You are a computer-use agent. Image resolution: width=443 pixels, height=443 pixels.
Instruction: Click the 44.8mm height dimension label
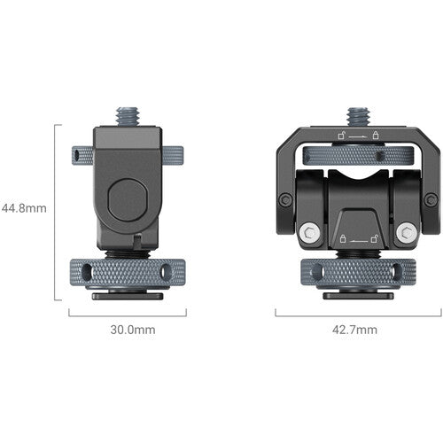(x=24, y=208)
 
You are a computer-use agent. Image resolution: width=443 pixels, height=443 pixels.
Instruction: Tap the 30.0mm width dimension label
(x=133, y=330)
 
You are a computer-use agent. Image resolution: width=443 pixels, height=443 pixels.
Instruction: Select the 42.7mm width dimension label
(x=354, y=330)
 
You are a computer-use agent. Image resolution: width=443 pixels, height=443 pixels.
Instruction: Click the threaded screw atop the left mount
(x=128, y=117)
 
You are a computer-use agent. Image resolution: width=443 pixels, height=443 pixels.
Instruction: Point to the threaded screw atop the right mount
(x=358, y=117)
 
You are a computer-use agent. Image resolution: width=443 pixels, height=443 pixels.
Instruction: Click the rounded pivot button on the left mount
(x=128, y=200)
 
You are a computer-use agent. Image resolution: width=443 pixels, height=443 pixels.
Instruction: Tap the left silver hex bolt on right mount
(x=309, y=232)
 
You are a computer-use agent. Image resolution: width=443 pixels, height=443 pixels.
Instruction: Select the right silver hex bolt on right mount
(x=408, y=232)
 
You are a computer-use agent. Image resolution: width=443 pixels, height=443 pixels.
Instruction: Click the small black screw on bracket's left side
(x=285, y=200)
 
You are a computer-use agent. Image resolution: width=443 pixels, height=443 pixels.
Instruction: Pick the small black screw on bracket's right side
(x=431, y=200)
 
